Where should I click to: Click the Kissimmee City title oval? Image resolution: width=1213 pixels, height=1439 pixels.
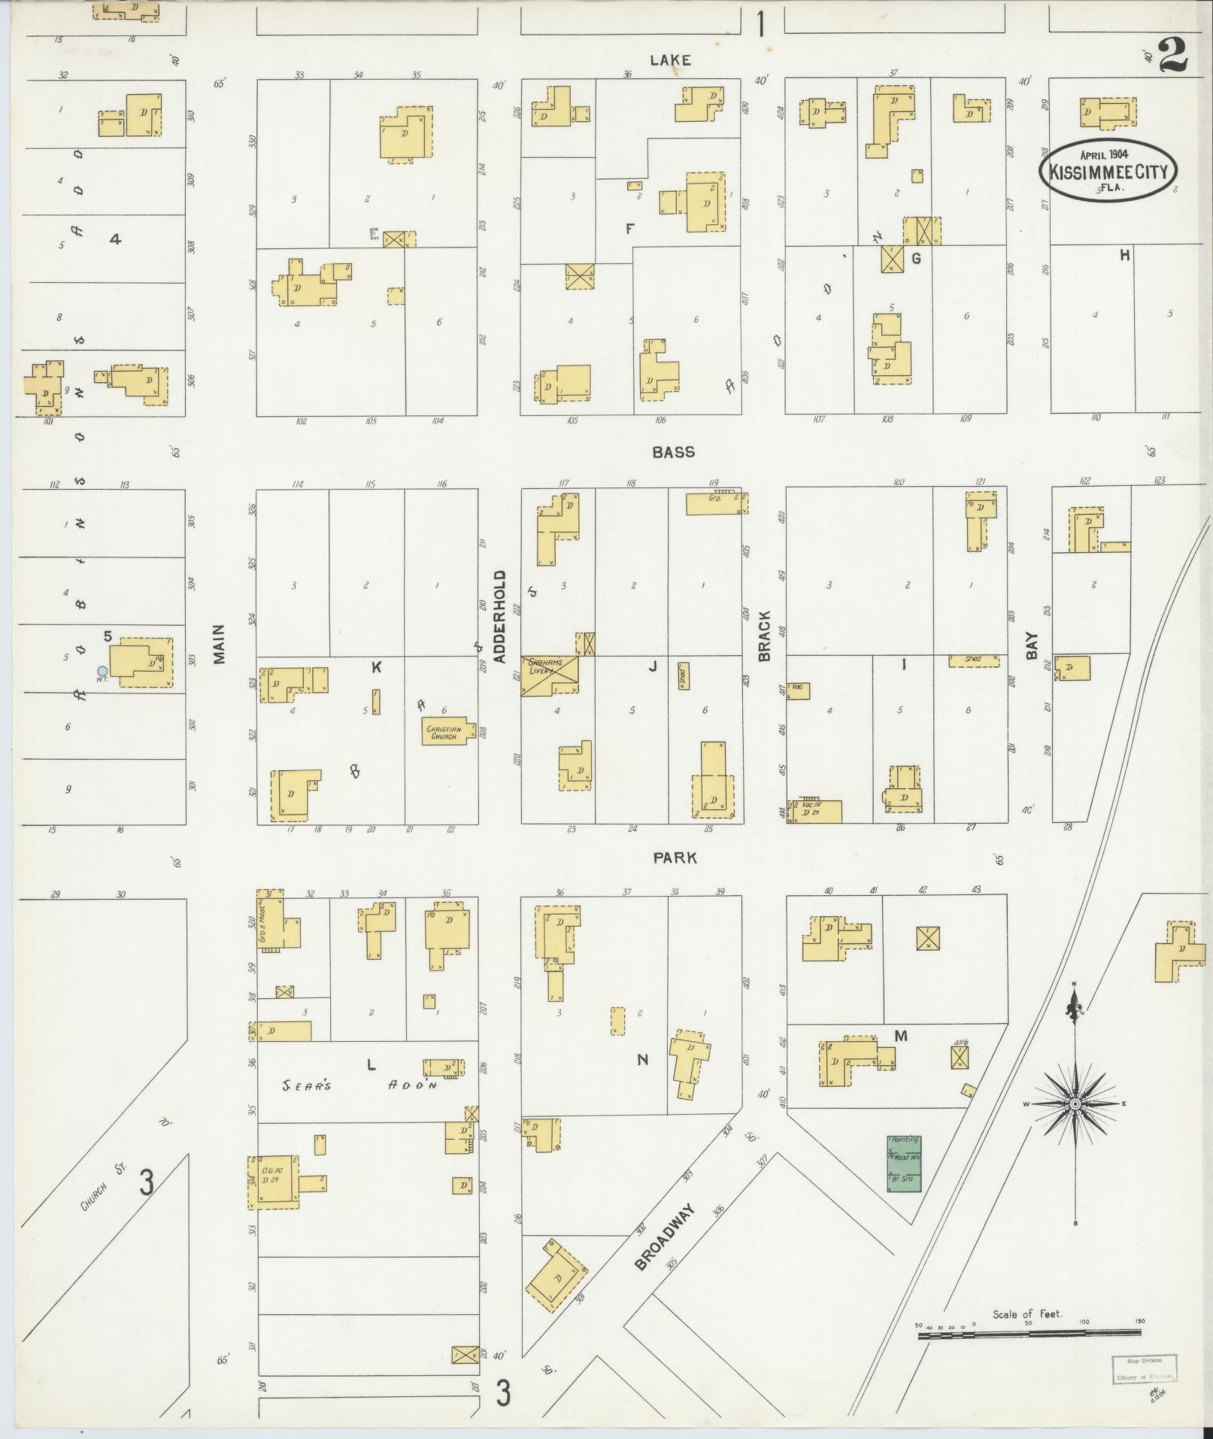pos(1108,170)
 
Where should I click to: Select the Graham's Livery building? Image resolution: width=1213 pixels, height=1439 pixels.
pos(550,675)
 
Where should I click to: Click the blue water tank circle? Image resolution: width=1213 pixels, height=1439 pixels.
pos(102,671)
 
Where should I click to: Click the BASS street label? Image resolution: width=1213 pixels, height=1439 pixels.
pos(673,452)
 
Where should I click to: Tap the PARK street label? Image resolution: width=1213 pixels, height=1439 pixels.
pos(675,858)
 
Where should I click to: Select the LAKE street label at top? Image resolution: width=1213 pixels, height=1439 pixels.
pos(670,60)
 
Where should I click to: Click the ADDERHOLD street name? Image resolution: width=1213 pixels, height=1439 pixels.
pos(500,616)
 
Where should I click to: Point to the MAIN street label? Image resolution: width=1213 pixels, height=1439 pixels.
pos(219,645)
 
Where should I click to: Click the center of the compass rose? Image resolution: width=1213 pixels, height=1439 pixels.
pos(1075,1104)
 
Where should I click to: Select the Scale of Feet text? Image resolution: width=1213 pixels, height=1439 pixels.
pos(1027,1313)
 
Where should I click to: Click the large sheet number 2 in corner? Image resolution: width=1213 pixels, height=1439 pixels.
pos(1171,55)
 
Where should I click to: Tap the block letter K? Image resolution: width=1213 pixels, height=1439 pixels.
pos(376,666)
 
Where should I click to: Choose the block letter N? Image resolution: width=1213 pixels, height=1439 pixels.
pos(642,1060)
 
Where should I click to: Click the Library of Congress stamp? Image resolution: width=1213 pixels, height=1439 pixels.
pos(1144,1368)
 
